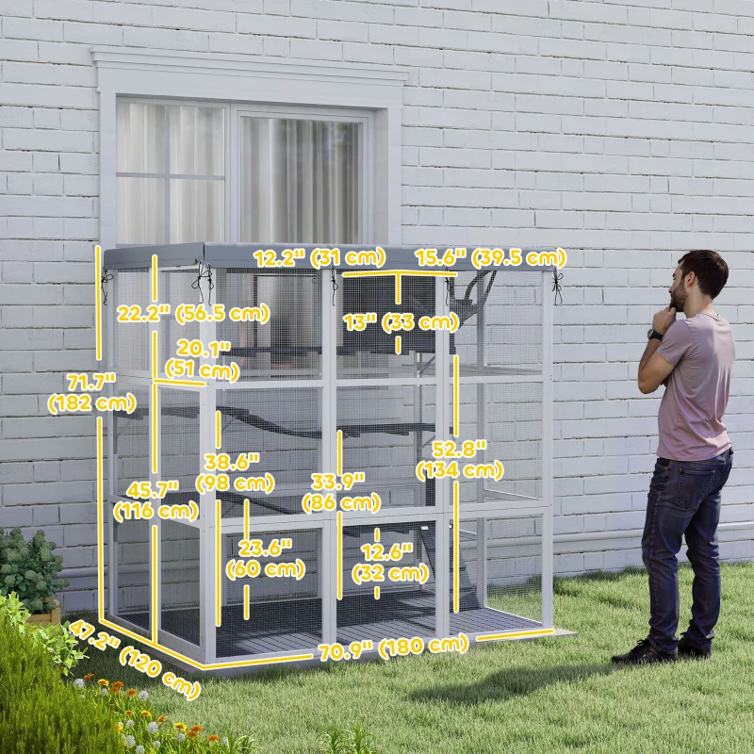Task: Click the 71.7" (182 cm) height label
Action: click(x=82, y=391)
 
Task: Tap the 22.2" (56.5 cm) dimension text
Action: click(x=192, y=314)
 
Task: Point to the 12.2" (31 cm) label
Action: click(x=319, y=257)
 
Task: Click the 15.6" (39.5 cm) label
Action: click(x=490, y=257)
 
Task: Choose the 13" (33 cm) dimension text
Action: click(x=401, y=322)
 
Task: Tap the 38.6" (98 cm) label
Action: click(x=235, y=471)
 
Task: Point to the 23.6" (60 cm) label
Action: click(x=266, y=558)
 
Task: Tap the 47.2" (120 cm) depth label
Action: click(x=133, y=659)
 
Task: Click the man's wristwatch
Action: click(x=654, y=334)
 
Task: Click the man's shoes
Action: click(x=660, y=651)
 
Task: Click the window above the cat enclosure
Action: click(x=240, y=170)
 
